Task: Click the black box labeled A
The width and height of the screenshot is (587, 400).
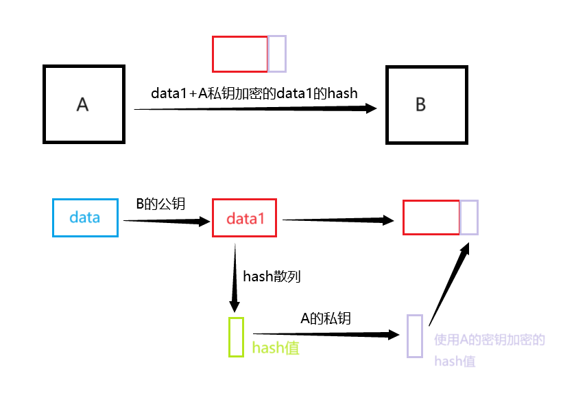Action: pyautogui.click(x=84, y=104)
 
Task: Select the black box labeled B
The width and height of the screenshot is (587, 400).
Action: pyautogui.click(x=427, y=104)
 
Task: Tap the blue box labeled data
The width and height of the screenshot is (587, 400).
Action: pyautogui.click(x=85, y=218)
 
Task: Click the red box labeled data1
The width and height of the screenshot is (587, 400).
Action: pyautogui.click(x=245, y=218)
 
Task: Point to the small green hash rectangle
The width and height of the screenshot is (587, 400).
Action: pyautogui.click(x=236, y=336)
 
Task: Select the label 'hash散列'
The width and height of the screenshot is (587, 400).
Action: pyautogui.click(x=272, y=277)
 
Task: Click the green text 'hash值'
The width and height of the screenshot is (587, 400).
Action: pyautogui.click(x=276, y=348)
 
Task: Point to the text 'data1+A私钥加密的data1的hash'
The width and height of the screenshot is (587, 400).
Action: pyautogui.click(x=254, y=93)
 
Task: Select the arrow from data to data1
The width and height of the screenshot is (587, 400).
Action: pyautogui.click(x=165, y=221)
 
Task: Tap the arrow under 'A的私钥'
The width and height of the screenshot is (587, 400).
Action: pyautogui.click(x=326, y=334)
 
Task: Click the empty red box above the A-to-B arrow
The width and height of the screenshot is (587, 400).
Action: pyautogui.click(x=239, y=54)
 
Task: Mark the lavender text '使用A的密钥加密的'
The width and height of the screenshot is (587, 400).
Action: pyautogui.click(x=489, y=340)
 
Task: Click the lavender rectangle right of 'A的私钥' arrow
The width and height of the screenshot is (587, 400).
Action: pyautogui.click(x=414, y=336)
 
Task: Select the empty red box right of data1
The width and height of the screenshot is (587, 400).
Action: pyautogui.click(x=431, y=217)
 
